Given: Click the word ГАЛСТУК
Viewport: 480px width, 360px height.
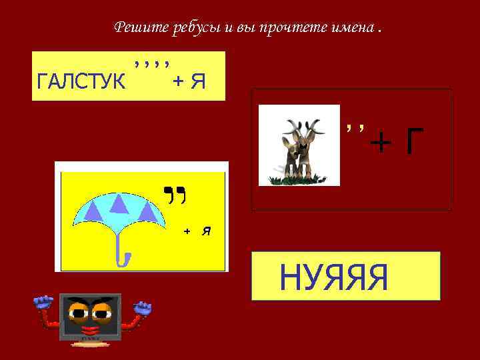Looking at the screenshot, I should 81,81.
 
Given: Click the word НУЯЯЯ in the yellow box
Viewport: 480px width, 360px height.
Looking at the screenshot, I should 333,277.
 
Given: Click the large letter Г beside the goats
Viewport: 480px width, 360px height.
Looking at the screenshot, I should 414,141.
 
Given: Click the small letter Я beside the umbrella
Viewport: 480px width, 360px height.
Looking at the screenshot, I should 207,231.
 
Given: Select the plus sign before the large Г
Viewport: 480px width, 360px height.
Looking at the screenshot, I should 381,141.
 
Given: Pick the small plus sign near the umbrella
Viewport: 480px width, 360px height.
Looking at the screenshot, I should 187,231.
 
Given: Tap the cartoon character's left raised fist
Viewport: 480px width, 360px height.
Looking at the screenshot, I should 44,304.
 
